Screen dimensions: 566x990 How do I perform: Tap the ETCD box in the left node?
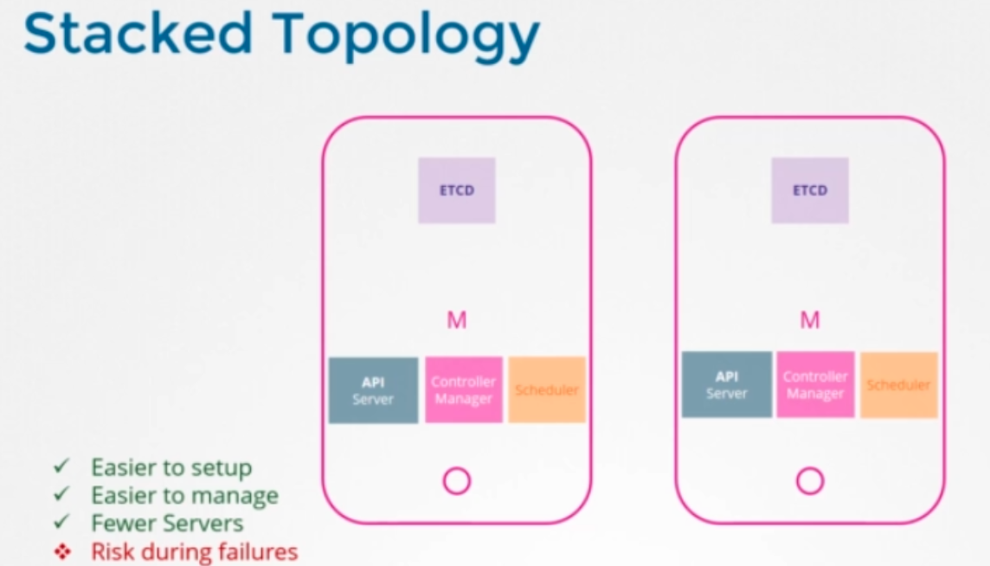point(457,190)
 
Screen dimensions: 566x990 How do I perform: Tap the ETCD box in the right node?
point(810,190)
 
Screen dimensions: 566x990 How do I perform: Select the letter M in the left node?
point(457,321)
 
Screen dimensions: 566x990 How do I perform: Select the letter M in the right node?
point(810,321)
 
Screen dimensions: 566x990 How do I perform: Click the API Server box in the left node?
point(373,390)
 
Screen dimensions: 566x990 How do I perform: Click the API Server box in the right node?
point(726,385)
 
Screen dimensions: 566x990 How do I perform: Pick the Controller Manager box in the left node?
point(464,390)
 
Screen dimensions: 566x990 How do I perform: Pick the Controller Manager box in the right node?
point(815,385)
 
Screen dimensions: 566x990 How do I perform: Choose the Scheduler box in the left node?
point(547,389)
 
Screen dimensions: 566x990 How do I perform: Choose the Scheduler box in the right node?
point(899,385)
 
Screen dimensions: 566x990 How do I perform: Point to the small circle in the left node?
point(456,481)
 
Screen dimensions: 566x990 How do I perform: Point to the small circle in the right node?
point(810,481)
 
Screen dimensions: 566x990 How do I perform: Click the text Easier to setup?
point(171,468)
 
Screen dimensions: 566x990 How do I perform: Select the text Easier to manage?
point(184,496)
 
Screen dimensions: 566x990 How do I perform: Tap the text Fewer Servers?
point(167,524)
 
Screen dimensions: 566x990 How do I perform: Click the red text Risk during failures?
point(194,551)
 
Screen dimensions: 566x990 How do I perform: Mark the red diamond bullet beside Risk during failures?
point(61,551)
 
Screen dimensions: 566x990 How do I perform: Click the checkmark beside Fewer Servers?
point(61,523)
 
